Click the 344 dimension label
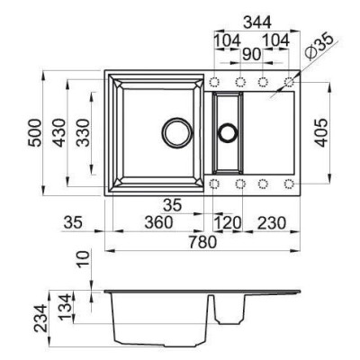click(257, 22)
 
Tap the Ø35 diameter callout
click(319, 46)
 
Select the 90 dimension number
click(251, 54)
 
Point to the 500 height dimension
click(34, 133)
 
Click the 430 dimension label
click(58, 133)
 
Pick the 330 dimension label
click(83, 133)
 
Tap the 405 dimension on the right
click(321, 133)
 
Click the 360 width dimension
click(158, 223)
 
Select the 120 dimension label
click(227, 223)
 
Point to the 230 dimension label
click(272, 223)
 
